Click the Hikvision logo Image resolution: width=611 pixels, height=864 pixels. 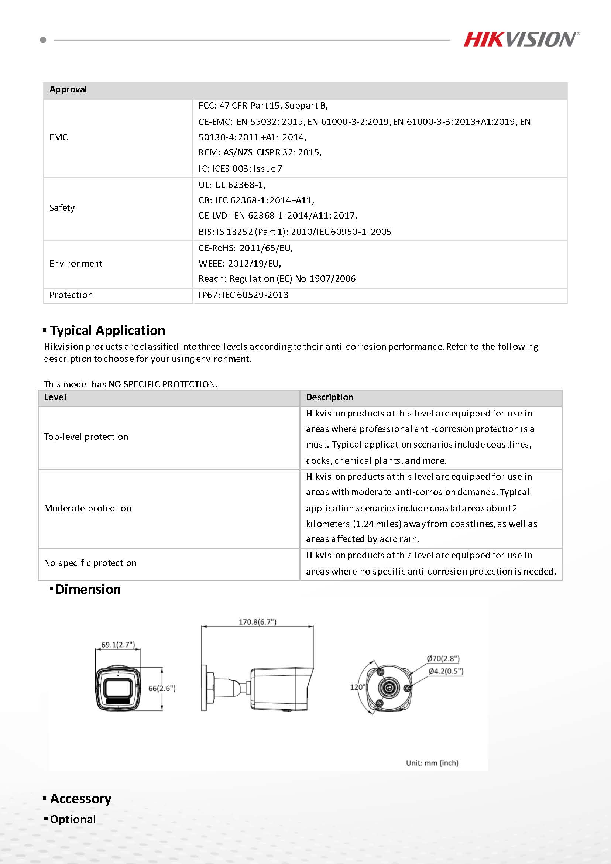click(x=521, y=40)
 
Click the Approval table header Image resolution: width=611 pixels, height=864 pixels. click(x=68, y=90)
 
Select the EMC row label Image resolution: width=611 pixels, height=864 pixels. click(x=59, y=137)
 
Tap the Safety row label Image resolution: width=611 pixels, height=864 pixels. click(x=62, y=208)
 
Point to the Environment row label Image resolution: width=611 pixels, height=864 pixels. click(x=76, y=263)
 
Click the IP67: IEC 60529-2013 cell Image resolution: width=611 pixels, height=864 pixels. click(x=243, y=295)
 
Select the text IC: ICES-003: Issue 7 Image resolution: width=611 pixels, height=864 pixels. click(x=240, y=169)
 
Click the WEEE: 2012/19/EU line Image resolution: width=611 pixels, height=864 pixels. click(x=240, y=263)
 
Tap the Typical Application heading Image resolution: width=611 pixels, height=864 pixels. click(x=107, y=330)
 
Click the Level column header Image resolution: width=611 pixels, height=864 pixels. click(x=55, y=397)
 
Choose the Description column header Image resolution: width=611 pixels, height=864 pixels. click(x=329, y=397)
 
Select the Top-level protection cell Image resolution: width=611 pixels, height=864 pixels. click(x=86, y=437)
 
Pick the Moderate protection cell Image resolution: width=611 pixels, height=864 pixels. click(x=87, y=508)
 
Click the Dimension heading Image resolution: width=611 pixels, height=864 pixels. click(x=87, y=589)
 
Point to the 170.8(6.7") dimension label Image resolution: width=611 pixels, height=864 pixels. click(x=257, y=622)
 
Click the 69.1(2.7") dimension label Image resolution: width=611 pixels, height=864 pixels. click(x=118, y=645)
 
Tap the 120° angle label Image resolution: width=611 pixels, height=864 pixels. click(x=357, y=687)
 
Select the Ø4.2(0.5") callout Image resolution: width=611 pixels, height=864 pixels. click(x=446, y=671)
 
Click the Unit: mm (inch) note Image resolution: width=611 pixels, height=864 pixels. click(x=432, y=763)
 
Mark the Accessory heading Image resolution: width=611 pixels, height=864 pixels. click(x=80, y=799)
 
